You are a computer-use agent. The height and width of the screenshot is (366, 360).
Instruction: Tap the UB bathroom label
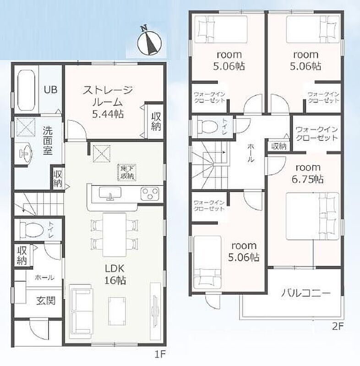click(x=50, y=90)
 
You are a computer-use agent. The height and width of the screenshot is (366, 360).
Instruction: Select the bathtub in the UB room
click(x=26, y=90)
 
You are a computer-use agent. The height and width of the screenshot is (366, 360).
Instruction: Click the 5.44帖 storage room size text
click(x=108, y=114)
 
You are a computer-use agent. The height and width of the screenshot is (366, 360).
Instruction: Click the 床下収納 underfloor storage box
click(x=127, y=172)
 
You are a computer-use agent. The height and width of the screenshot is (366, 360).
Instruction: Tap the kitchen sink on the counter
click(x=110, y=193)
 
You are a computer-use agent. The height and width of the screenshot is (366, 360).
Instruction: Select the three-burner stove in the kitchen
click(x=149, y=194)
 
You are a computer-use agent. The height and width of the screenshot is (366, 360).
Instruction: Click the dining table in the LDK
click(x=115, y=234)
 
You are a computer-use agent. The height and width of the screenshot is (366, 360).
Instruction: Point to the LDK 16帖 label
click(x=115, y=274)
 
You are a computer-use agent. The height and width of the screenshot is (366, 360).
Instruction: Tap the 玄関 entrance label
click(x=46, y=301)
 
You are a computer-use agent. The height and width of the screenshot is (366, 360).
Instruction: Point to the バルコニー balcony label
click(x=305, y=293)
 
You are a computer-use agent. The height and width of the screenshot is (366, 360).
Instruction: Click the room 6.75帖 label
click(x=308, y=173)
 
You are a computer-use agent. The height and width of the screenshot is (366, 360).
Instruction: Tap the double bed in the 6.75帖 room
click(x=312, y=216)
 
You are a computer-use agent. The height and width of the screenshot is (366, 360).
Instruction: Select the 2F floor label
click(x=338, y=327)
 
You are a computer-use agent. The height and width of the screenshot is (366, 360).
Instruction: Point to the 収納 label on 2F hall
click(x=279, y=146)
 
